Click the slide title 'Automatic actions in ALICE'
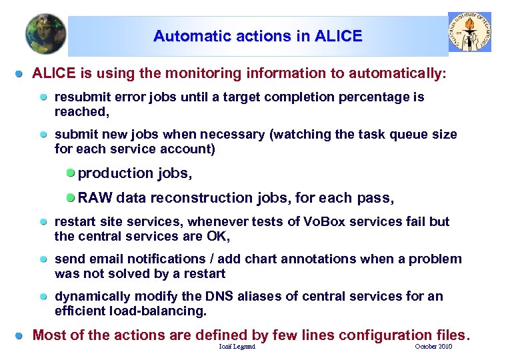(257, 36)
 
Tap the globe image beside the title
(45, 34)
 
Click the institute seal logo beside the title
(469, 31)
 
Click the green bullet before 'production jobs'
(71, 173)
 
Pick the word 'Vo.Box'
(307, 222)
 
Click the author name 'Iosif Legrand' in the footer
(237, 347)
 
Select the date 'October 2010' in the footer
(433, 347)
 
